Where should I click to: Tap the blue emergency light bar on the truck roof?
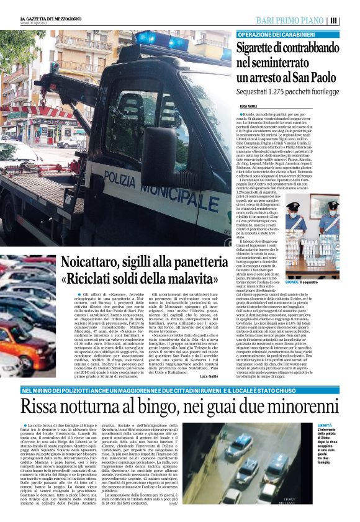pyautogui.click(x=163, y=40)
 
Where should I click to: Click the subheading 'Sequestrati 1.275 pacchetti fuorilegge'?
pyautogui.click(x=288, y=91)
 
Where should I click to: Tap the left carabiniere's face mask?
pyautogui.click(x=294, y=217)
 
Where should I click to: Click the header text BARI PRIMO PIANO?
pyautogui.click(x=290, y=20)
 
